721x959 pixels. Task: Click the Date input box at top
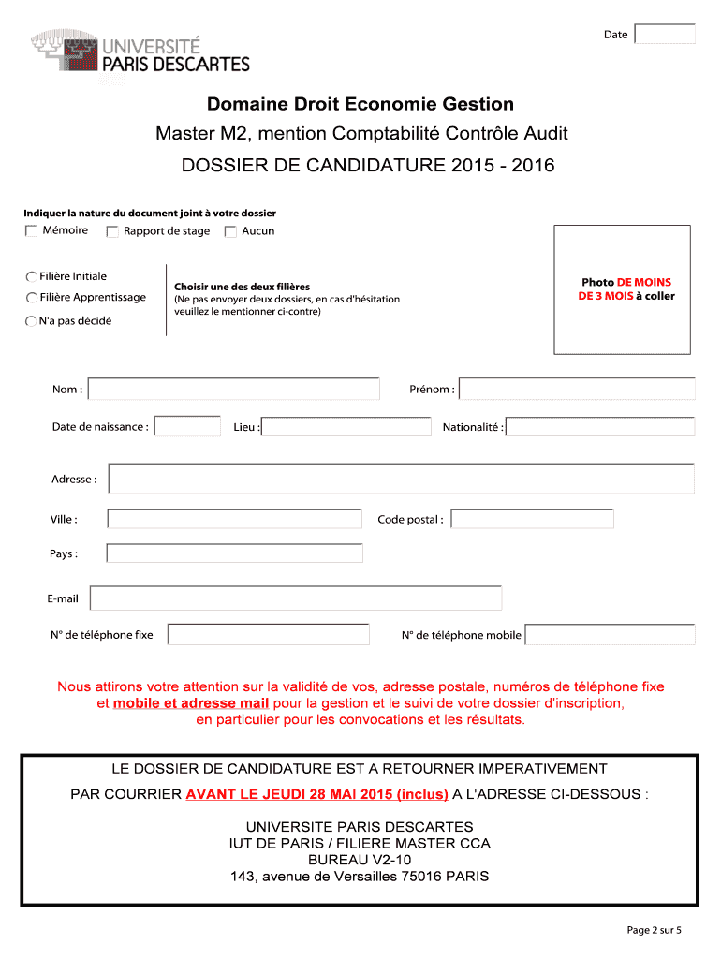click(x=665, y=34)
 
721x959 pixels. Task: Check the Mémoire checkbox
click(x=32, y=230)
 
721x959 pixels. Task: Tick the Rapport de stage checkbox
click(x=112, y=231)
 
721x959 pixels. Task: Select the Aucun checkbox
click(x=230, y=231)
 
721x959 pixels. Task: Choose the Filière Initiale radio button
click(x=32, y=276)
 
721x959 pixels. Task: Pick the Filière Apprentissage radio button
click(x=32, y=298)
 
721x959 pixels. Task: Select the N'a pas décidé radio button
click(x=32, y=321)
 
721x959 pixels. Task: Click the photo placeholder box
click(x=623, y=289)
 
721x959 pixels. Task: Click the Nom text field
click(x=233, y=389)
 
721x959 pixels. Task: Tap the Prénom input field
click(x=577, y=389)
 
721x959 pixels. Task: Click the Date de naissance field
click(x=187, y=427)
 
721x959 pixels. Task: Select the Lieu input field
click(x=344, y=427)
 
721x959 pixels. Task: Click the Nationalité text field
click(x=600, y=427)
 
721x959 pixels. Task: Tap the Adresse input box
click(x=402, y=479)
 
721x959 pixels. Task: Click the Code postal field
click(x=532, y=519)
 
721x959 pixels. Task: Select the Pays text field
click(x=234, y=553)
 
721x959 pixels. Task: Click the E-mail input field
click(x=296, y=598)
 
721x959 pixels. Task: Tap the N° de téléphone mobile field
click(x=610, y=635)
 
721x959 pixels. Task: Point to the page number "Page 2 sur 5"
click(x=654, y=930)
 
